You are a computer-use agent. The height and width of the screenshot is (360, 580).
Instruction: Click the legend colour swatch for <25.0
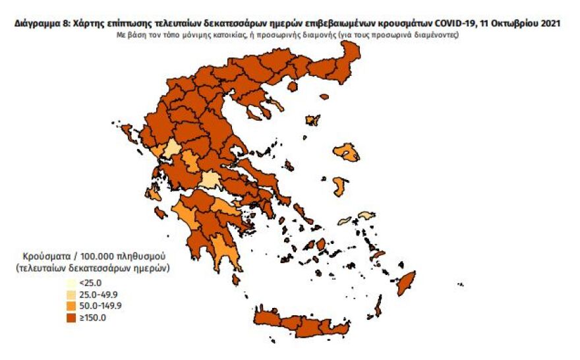[x=71, y=284]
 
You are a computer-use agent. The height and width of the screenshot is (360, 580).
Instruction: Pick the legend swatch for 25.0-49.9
[x=71, y=295]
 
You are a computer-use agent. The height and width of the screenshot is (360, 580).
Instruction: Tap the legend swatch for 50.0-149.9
[x=71, y=306]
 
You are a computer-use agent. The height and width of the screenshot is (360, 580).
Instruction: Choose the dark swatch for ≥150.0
[x=71, y=317]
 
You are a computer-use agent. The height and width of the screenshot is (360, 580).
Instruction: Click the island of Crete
[x=300, y=323]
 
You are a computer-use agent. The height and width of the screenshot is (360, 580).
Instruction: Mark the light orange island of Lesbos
[x=348, y=154]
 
